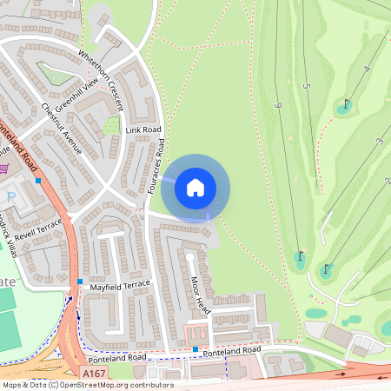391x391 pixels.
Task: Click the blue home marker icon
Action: [x=195, y=187]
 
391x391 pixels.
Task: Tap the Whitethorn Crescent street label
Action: [x=103, y=86]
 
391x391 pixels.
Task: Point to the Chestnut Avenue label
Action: [x=61, y=129]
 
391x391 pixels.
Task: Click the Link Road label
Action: [x=143, y=130]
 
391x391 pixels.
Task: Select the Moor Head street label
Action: [x=200, y=295]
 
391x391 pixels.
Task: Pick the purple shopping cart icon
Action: [x=5, y=168]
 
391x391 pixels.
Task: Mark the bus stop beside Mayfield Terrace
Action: [x=80, y=282]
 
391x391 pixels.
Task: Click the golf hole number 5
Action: [x=307, y=87]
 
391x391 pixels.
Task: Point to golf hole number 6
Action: [x=278, y=105]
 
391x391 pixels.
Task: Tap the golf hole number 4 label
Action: [x=368, y=68]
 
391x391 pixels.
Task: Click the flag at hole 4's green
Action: [x=347, y=103]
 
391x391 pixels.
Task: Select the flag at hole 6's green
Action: [x=300, y=256]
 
